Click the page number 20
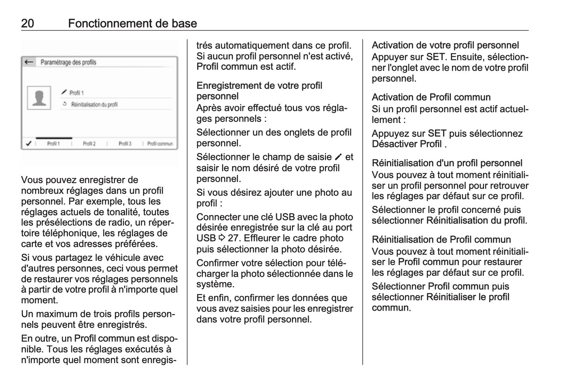(27, 23)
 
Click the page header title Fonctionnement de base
(132, 23)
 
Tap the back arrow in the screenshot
(29, 62)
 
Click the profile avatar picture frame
(39, 98)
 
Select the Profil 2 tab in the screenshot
(89, 144)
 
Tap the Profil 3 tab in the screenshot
(125, 144)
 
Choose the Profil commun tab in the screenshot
(160, 144)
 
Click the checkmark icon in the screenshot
(28, 144)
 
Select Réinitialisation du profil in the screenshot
(94, 105)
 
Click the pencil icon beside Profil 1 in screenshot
(64, 92)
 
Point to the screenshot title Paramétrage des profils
(68, 62)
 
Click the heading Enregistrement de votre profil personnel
(259, 91)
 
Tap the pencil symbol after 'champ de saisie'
(338, 157)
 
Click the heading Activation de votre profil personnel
(445, 45)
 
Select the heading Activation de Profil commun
(431, 97)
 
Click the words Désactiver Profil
(407, 144)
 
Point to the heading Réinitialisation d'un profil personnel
(447, 163)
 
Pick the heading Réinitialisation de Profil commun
(441, 239)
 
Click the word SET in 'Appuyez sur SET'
(437, 134)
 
